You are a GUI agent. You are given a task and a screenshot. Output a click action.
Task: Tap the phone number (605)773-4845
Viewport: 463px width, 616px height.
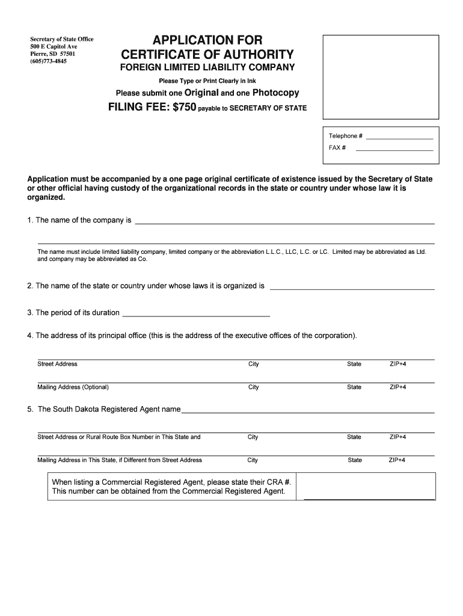49,61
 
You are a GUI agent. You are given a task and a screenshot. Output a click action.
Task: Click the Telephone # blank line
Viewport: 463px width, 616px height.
399,138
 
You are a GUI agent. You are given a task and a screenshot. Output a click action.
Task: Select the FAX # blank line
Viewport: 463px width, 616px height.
394,149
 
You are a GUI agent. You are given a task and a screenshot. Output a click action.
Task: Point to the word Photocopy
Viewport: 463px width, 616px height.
275,93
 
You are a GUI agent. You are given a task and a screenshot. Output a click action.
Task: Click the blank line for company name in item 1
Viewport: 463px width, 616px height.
284,223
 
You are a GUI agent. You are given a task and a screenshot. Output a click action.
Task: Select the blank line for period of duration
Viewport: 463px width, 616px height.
196,315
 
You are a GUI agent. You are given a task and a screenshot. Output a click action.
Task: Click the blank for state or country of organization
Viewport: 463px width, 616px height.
352,289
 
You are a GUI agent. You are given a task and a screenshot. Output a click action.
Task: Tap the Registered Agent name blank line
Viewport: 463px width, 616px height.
308,412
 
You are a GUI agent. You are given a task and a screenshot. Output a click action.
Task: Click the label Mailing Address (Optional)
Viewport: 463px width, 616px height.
73,387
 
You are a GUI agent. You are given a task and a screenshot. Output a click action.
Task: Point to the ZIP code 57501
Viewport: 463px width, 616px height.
67,54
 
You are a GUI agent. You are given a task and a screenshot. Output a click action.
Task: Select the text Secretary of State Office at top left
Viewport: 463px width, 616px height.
62,40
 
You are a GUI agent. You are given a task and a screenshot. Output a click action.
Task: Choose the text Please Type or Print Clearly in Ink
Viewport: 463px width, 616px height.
207,81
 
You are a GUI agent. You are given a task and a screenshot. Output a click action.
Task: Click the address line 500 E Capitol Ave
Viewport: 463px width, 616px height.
54,47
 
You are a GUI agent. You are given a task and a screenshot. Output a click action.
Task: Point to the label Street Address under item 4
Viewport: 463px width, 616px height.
57,364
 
